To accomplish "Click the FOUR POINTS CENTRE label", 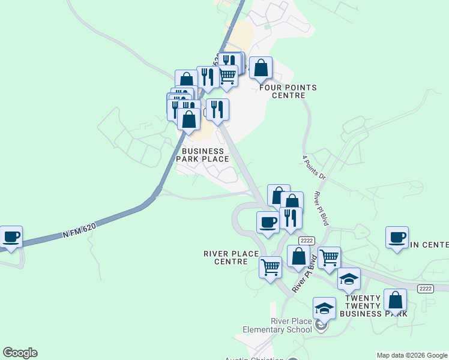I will (x=288, y=91).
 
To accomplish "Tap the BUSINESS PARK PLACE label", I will (x=205, y=155).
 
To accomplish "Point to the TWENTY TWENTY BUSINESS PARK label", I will (x=373, y=305).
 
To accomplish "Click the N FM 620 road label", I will (x=80, y=228).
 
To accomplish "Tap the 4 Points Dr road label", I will (x=313, y=169).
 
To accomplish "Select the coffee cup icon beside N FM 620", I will (x=11, y=236).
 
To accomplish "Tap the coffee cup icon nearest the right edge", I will (x=397, y=238).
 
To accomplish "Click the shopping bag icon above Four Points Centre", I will (x=261, y=68).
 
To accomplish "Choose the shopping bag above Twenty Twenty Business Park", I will (x=395, y=300).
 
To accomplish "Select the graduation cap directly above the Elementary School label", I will (x=324, y=308).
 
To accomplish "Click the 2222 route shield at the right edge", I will (x=426, y=289).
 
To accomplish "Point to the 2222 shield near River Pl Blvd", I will (x=307, y=241).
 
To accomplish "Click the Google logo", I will (x=20, y=353).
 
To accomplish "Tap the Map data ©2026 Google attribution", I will (x=412, y=355).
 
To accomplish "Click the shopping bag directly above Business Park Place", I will (x=189, y=119).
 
